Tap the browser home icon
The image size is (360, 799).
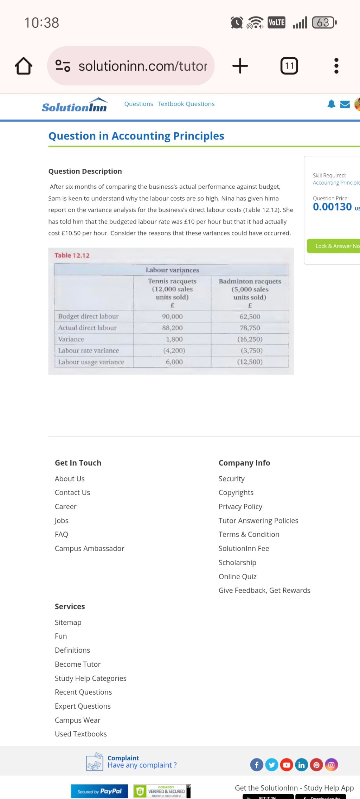(x=24, y=66)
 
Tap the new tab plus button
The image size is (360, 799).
(x=240, y=66)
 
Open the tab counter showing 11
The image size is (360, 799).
(x=289, y=66)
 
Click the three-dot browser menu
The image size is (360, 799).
(x=336, y=66)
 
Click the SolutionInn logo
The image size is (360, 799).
(x=75, y=105)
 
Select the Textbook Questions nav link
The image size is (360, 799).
(x=186, y=104)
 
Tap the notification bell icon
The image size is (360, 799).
(x=331, y=104)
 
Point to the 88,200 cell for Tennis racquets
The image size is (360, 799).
(x=172, y=328)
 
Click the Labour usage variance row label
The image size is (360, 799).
(x=91, y=362)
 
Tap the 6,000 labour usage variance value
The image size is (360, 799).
(x=174, y=362)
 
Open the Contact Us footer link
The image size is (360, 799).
(x=72, y=492)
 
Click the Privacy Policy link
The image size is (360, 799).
(x=240, y=507)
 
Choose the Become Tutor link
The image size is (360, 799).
(x=78, y=664)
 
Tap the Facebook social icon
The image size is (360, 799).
(x=257, y=765)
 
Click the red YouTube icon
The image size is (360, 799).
(x=287, y=765)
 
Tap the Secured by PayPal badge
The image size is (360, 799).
(x=99, y=791)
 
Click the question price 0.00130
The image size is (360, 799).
(x=332, y=207)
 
